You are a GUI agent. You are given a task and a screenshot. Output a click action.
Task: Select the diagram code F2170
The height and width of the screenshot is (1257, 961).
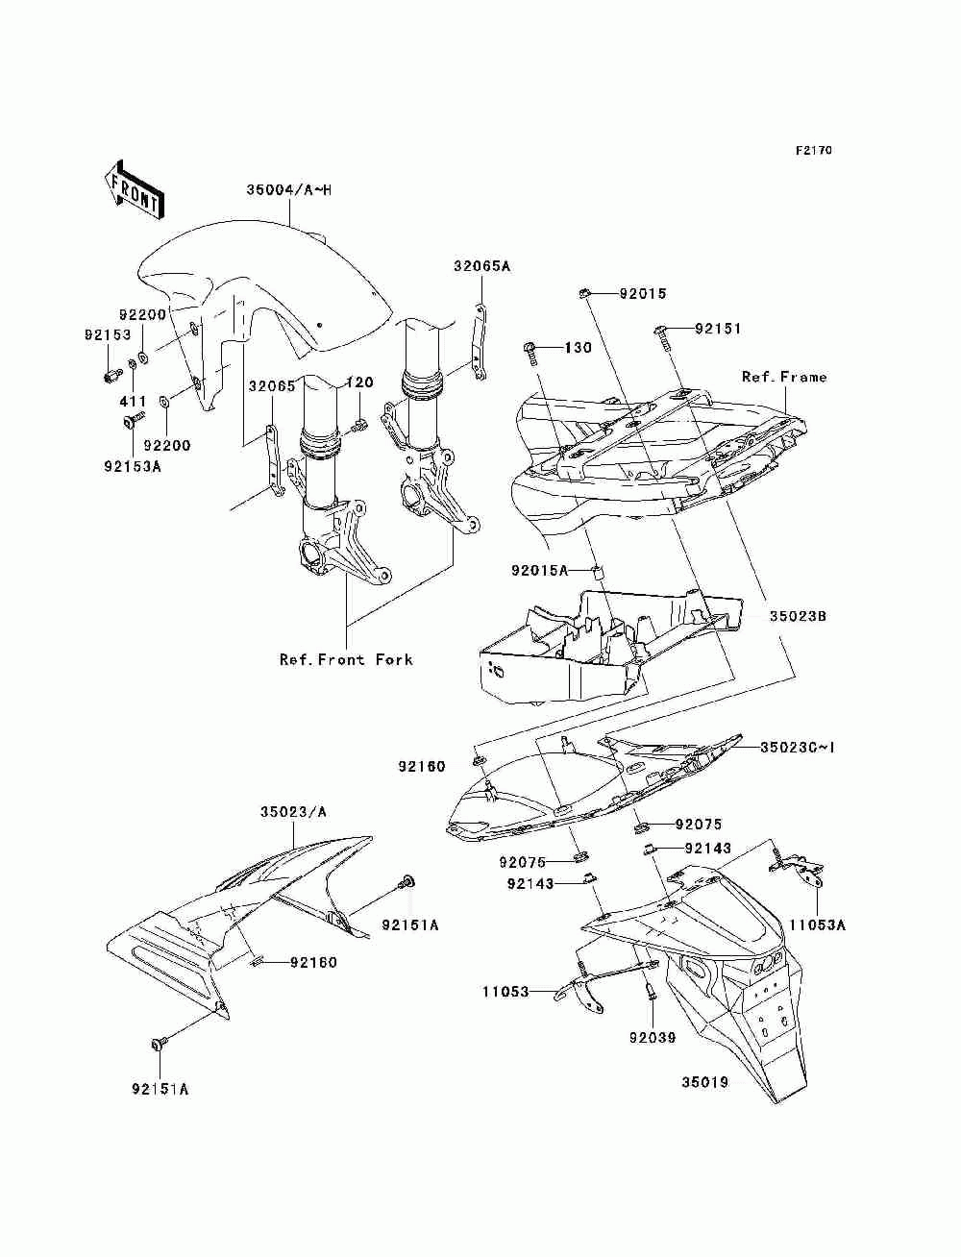(x=812, y=151)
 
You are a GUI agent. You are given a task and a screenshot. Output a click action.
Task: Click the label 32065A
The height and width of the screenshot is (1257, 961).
(x=482, y=266)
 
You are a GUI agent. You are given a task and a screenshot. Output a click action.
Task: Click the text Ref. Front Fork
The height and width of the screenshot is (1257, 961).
(x=346, y=659)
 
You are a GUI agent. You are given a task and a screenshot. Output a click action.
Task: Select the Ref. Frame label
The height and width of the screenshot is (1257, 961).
(x=783, y=378)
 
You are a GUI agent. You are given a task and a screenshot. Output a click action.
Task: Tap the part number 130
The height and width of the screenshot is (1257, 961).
(x=578, y=347)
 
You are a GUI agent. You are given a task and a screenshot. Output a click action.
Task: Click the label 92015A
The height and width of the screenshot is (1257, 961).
(x=539, y=570)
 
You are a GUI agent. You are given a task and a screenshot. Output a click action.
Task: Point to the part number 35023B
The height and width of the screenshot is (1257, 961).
(x=797, y=615)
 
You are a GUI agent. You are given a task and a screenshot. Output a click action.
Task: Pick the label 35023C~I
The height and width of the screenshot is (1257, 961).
(x=797, y=747)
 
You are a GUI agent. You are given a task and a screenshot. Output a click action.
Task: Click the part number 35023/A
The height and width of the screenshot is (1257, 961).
(x=294, y=812)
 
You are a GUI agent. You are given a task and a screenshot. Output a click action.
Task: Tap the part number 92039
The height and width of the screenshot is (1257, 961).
(x=653, y=1037)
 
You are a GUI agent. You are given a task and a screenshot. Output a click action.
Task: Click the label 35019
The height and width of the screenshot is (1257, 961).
(x=705, y=1082)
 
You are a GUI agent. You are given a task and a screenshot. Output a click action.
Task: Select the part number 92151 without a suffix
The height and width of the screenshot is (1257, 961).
(x=719, y=329)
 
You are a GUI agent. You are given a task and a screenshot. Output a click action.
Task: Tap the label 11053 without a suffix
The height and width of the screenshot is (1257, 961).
(x=505, y=991)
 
